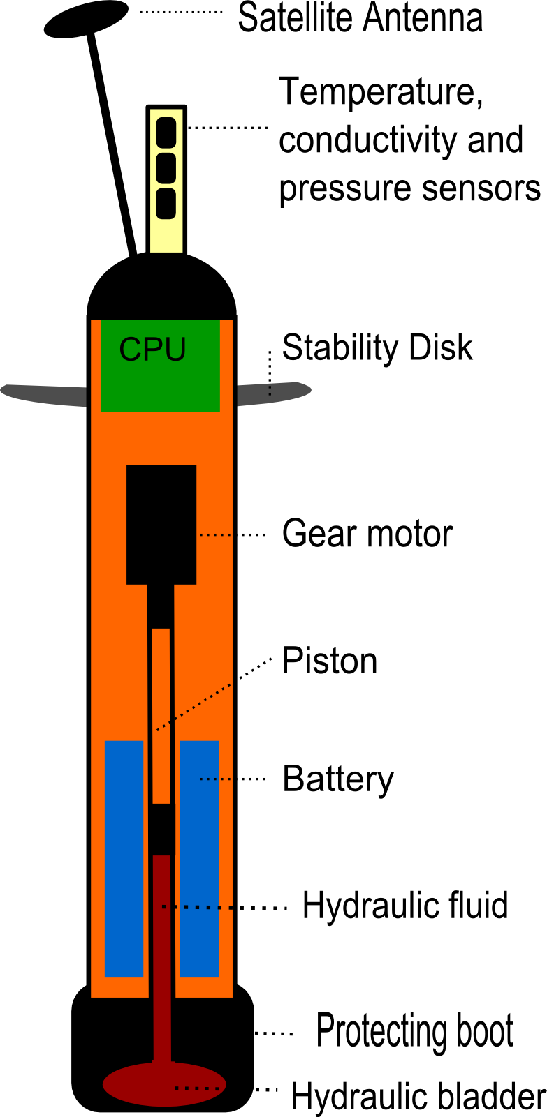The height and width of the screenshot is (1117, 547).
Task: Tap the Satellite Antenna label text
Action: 360,18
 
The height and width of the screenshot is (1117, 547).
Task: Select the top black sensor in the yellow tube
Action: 166,132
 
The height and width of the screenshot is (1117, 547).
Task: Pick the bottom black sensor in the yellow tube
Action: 166,203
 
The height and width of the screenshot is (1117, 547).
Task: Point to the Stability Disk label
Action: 377,347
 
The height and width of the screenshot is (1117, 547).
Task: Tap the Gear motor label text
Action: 367,534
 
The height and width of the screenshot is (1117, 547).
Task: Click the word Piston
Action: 329,661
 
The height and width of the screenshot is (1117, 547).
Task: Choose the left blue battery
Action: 124,859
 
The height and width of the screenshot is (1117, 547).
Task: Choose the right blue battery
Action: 199,859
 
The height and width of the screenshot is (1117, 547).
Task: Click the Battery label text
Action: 338,779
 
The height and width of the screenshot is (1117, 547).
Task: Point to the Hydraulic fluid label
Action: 404,906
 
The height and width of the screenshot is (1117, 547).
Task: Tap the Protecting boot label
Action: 415,1031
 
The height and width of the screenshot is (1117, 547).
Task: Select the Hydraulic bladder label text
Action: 418,1096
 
